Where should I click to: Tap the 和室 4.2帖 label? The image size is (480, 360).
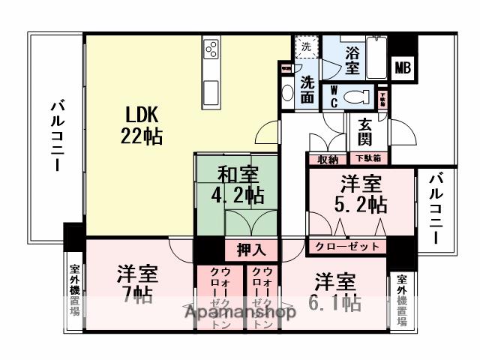239,185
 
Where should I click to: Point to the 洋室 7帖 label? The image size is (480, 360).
135,283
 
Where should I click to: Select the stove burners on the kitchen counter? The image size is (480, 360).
211,51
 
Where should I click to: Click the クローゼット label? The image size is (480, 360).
346,246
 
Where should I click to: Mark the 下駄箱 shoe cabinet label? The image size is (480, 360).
367,158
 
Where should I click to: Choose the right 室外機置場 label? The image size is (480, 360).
402,301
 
